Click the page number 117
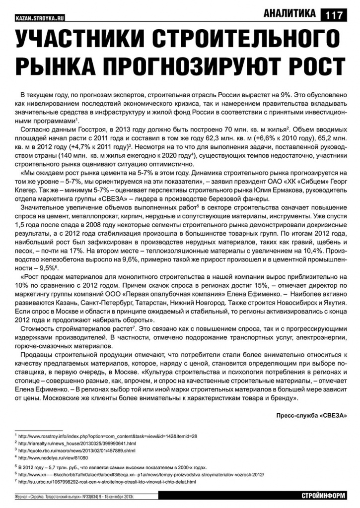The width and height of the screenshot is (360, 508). pos(334,15)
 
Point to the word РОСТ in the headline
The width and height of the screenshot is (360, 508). pos(306,66)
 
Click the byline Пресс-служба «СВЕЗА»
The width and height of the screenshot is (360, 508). pos(311,415)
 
